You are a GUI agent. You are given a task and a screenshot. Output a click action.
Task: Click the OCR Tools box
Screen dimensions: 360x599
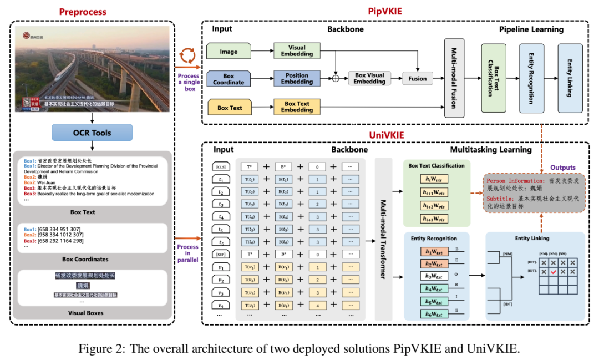[92, 133]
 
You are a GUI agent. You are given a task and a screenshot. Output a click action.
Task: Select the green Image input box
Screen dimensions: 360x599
[229, 52]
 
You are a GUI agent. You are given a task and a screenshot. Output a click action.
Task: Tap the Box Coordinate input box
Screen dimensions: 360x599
[229, 79]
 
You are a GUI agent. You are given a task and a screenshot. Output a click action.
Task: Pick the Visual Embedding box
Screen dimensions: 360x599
[297, 51]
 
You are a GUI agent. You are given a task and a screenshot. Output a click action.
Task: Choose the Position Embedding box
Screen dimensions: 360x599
[297, 79]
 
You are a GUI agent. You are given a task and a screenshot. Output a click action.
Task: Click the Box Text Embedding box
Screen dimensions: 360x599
[297, 107]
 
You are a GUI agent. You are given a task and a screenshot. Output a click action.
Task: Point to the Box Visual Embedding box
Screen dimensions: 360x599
[369, 78]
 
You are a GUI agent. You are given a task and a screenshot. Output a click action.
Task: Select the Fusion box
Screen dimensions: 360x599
[417, 78]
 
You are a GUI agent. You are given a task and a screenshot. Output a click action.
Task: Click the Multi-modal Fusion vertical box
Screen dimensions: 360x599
[454, 78]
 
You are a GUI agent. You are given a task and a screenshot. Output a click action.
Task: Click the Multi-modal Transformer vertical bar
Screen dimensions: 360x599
[383, 239]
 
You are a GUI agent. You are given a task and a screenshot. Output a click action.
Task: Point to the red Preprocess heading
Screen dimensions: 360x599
[92, 11]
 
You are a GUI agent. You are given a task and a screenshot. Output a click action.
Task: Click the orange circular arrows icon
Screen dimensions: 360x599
[189, 56]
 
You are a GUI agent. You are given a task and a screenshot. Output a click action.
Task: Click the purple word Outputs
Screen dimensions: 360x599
[563, 168]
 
